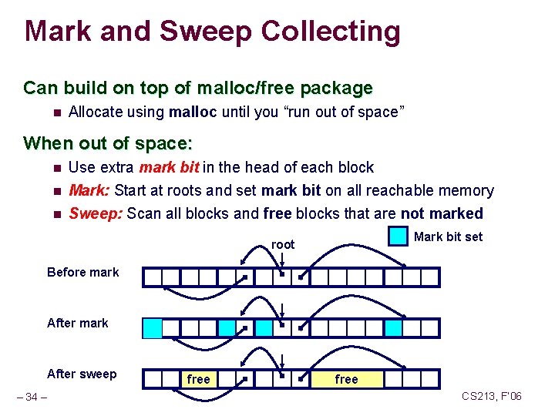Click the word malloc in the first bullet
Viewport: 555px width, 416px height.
click(193, 112)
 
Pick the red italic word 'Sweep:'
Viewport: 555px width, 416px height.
click(96, 213)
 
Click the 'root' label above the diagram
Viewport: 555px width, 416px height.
click(283, 244)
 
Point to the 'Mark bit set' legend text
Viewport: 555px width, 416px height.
click(448, 237)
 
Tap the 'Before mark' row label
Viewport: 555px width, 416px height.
click(83, 272)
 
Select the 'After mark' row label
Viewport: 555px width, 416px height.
click(78, 323)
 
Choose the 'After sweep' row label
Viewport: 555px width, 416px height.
click(82, 374)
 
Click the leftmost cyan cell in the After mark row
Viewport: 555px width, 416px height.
click(153, 329)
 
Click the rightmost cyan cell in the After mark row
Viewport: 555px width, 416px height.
click(393, 329)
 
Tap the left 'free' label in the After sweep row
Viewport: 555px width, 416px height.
click(198, 379)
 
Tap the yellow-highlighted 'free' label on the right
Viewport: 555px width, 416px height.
click(346, 379)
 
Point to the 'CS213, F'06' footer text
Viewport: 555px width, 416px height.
click(492, 396)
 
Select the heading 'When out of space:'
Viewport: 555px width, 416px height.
click(108, 143)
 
